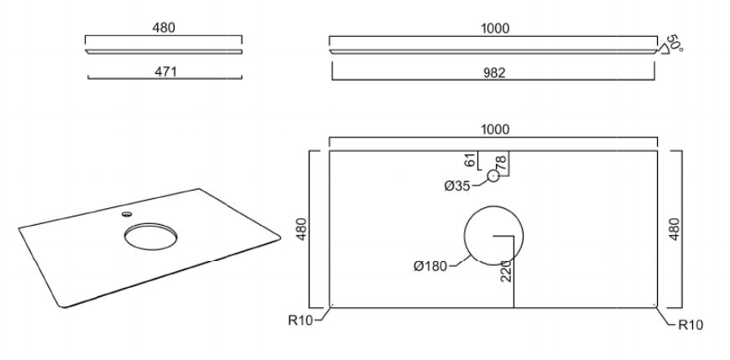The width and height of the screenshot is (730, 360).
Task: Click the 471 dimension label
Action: point(164,71)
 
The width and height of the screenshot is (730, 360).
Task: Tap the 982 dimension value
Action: point(494,73)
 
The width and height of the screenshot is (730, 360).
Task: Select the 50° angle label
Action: point(674,43)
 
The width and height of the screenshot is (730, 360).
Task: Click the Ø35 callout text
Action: point(456,185)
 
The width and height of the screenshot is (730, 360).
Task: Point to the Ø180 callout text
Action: point(430,266)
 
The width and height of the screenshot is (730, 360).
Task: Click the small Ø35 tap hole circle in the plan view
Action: point(493,176)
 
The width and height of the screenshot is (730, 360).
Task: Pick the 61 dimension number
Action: point(471,159)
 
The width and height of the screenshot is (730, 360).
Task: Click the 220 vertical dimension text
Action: point(506,270)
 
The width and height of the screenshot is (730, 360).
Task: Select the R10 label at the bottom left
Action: point(300,320)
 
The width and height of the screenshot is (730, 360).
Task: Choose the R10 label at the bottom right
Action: point(691,325)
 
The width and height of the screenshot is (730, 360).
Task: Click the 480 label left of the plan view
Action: point(302,229)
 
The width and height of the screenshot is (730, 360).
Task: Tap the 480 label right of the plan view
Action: point(674,229)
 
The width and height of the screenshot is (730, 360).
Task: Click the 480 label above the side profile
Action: point(164,28)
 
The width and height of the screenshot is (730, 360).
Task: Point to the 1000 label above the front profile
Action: point(494,29)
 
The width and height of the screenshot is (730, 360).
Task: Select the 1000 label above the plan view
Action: point(494,129)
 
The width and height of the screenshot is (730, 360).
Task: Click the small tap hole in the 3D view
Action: point(127,214)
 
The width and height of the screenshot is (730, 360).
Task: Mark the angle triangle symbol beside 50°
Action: point(663,49)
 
